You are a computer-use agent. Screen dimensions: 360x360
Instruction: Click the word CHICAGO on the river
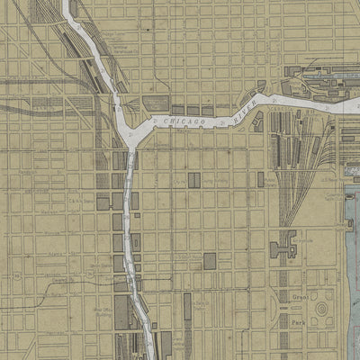185,120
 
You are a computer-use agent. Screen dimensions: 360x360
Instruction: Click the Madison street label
47,212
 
